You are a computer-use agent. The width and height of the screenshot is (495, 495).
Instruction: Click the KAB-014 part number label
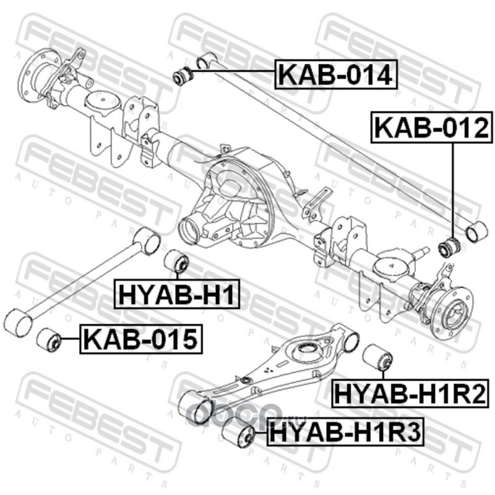[x=336, y=74]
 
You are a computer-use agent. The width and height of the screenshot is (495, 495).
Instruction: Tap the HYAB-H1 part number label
[x=177, y=293]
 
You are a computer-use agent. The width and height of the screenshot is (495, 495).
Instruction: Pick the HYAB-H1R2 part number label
[x=410, y=393]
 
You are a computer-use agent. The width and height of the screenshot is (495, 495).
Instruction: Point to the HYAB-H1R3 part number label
[x=345, y=432]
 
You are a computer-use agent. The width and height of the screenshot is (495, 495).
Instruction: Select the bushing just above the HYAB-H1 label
[x=177, y=262]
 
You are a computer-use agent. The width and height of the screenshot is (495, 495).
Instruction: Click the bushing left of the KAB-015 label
[x=48, y=340]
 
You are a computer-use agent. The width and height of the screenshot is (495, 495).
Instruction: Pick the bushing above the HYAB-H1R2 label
[x=377, y=358]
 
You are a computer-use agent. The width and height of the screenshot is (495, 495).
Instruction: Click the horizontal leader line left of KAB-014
[x=233, y=72]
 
